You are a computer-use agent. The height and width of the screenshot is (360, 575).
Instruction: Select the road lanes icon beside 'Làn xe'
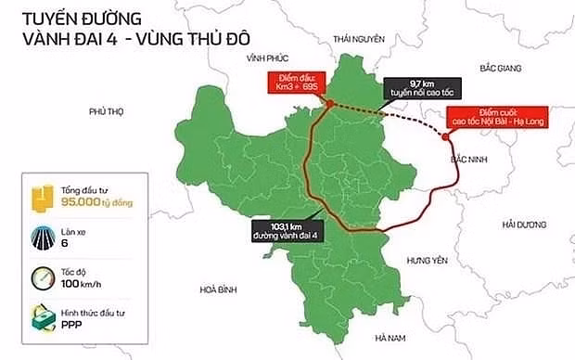tap(41, 236)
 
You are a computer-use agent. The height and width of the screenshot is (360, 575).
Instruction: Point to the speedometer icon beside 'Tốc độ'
tap(41, 278)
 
